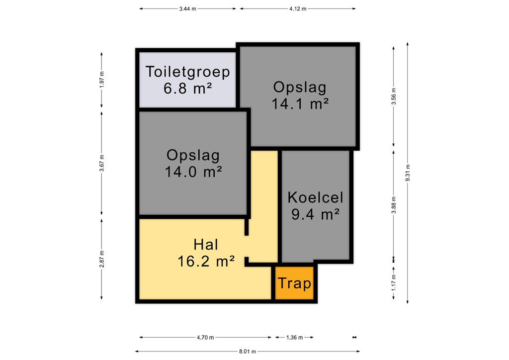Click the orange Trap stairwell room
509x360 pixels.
click(x=294, y=283)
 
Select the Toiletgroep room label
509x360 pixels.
click(x=187, y=72)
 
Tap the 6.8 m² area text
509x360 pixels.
click(x=187, y=89)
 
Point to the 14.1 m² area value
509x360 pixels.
click(x=300, y=104)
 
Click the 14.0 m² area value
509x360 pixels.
click(x=193, y=172)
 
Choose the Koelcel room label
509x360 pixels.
click(x=315, y=197)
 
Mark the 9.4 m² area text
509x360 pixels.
click(x=315, y=214)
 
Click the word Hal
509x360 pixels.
click(x=206, y=245)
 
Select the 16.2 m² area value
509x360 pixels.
click(x=206, y=262)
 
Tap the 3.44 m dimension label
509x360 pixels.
click(x=187, y=9)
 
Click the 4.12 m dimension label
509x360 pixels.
click(x=298, y=9)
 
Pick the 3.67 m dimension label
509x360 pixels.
click(x=101, y=163)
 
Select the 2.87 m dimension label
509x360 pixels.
click(x=101, y=259)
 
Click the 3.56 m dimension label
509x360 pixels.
click(x=394, y=96)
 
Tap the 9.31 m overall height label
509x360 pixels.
click(x=408, y=173)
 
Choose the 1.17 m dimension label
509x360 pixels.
click(x=394, y=283)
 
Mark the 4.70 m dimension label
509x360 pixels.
click(x=205, y=337)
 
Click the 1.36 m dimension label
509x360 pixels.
click(x=294, y=337)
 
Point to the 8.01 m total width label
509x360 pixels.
click(x=248, y=351)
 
